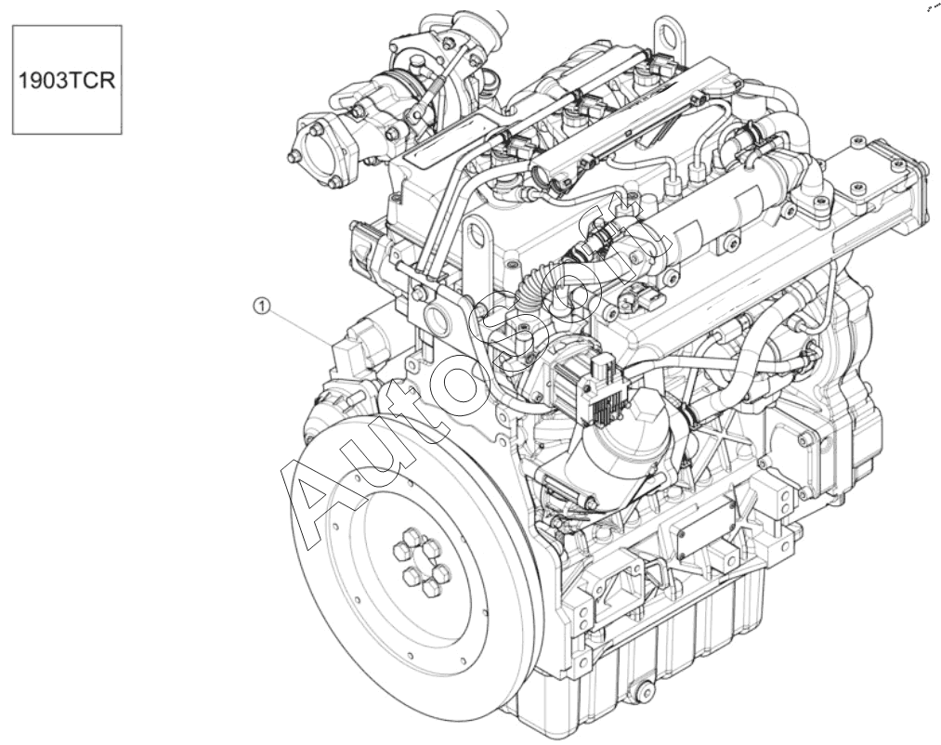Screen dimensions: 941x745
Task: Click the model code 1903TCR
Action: [x=67, y=80]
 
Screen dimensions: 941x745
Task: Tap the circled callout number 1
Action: [x=261, y=307]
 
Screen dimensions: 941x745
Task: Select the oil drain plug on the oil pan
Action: [x=645, y=691]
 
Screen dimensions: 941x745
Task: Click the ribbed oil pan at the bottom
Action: [x=654, y=666]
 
